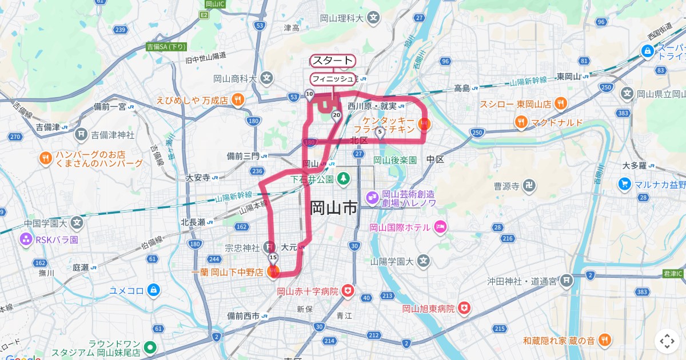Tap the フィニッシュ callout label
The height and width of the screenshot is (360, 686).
point(333,79)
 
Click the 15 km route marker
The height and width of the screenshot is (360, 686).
point(273,258)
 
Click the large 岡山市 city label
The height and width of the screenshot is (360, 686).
point(334,207)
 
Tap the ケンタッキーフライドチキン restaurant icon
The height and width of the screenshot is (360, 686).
point(424,123)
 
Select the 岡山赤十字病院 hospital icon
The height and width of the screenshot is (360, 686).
point(348,291)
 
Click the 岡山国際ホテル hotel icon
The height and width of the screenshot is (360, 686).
point(440,227)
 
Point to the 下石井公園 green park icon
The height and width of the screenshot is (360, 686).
point(343,179)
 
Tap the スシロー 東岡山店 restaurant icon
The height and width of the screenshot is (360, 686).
point(561,104)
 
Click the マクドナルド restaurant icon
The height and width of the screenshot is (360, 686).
point(520,122)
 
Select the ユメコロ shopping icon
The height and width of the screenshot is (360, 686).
point(153,290)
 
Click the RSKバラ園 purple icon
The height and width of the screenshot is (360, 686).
point(26,239)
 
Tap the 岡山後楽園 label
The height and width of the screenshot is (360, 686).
point(395,161)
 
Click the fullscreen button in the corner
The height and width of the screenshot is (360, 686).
point(667,341)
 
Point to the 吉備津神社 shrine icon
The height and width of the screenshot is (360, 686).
point(82,135)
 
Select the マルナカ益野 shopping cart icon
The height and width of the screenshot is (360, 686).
point(624,184)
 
